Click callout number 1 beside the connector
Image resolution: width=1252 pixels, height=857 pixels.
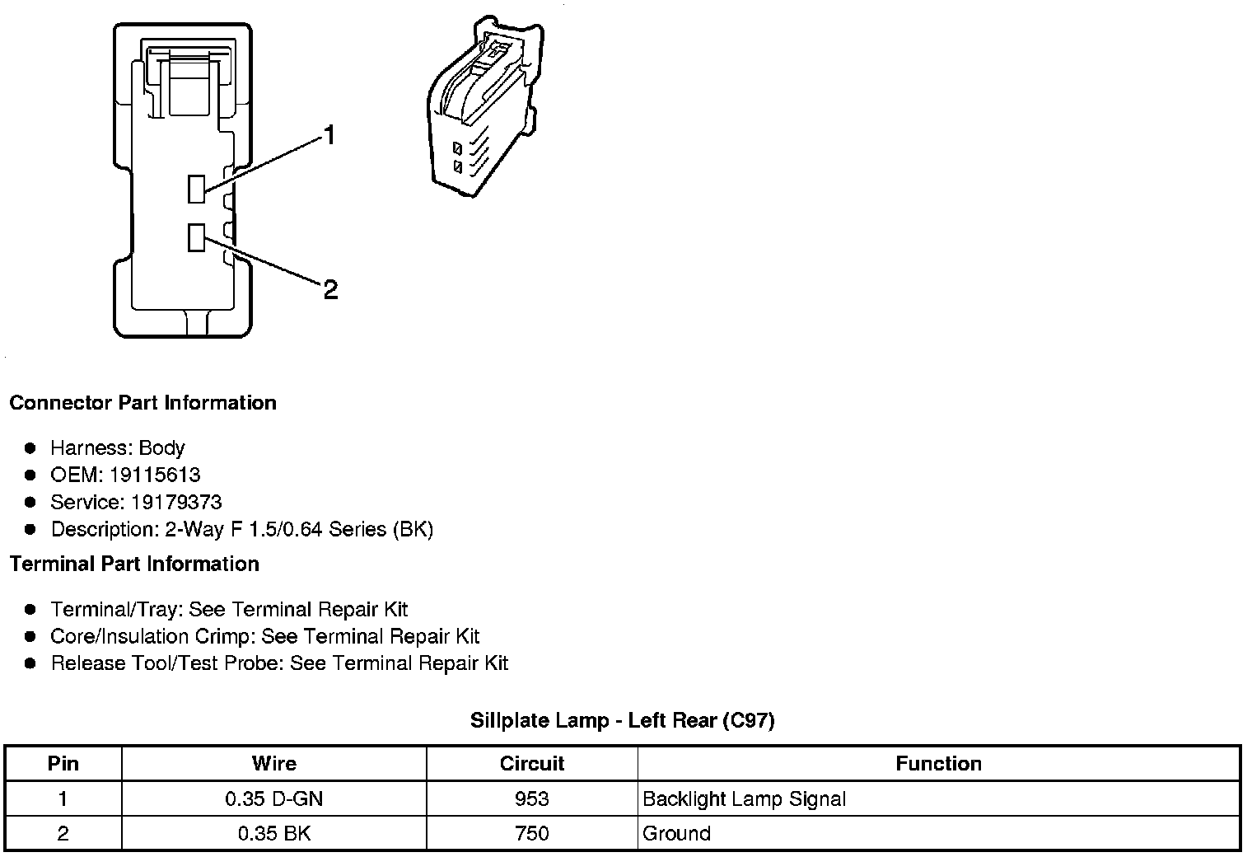329,135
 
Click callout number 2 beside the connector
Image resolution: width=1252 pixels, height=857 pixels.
330,289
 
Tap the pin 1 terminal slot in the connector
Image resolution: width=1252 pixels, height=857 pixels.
196,189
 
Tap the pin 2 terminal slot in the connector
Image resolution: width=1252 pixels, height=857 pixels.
196,237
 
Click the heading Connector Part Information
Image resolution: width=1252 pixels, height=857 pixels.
142,403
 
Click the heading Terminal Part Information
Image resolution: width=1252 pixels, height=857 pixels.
134,564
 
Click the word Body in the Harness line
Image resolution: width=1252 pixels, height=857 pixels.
161,448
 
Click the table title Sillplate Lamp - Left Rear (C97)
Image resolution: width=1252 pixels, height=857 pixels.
622,721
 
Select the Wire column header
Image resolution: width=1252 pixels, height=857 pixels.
273,763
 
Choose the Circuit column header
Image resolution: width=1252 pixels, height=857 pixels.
531,763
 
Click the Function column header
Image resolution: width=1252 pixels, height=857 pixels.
938,763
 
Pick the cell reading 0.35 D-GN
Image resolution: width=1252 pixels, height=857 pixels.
273,798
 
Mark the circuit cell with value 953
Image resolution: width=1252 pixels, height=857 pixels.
531,798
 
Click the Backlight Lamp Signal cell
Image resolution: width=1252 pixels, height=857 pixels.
744,798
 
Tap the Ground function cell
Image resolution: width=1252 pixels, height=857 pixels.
676,833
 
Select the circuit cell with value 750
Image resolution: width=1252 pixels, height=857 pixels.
531,833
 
